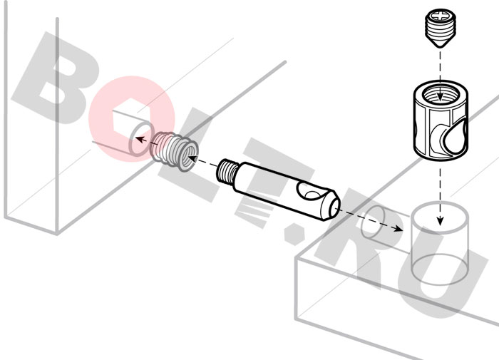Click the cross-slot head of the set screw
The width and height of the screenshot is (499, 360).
440,16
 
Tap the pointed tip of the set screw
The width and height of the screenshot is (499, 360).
440,47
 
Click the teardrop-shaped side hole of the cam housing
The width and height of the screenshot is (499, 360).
453,138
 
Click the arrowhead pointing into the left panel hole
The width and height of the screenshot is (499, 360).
140,140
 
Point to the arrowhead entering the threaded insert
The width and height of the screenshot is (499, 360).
192,158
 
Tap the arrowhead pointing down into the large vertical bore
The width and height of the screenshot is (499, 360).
440,220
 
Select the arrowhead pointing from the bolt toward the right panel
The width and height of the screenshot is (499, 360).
397,229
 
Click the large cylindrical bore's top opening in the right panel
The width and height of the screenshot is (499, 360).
440,218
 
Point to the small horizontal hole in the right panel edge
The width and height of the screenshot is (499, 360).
373,223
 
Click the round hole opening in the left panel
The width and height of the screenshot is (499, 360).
140,139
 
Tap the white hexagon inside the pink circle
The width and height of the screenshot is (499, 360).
126,114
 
